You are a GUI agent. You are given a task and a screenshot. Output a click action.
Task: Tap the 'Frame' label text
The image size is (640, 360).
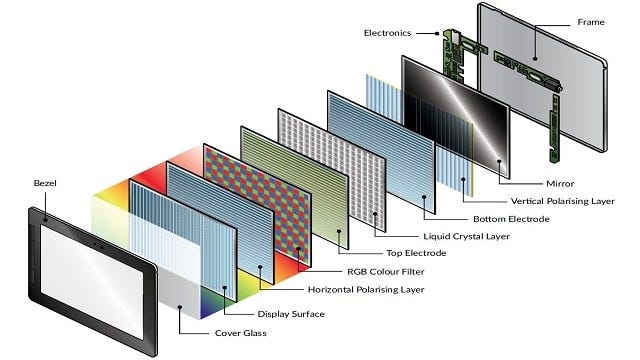pyautogui.click(x=591, y=21)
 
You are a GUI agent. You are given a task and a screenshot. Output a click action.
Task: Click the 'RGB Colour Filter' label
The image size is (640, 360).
pyautogui.click(x=353, y=270)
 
